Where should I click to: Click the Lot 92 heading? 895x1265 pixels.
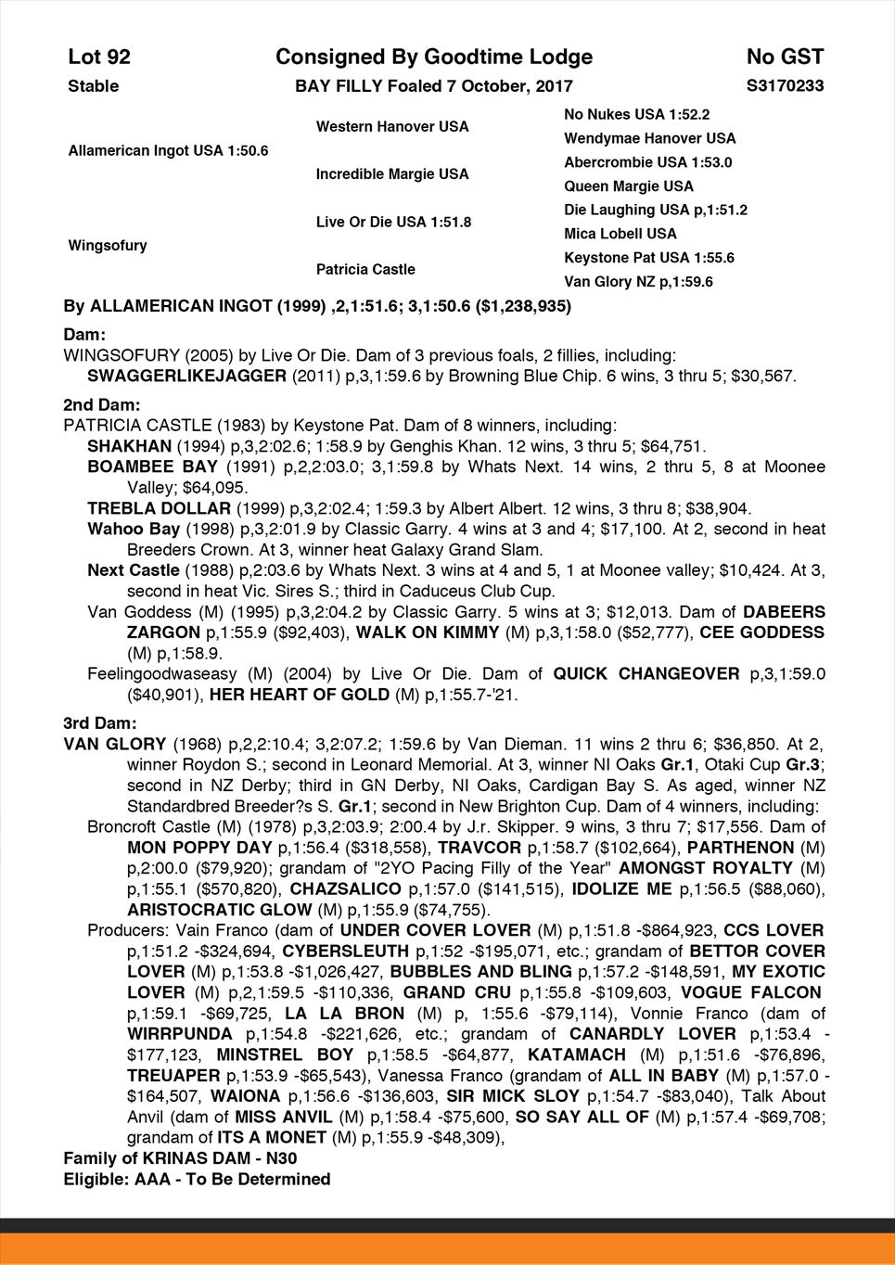click(99, 57)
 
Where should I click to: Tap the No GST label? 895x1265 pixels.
click(785, 57)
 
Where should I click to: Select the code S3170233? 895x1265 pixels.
click(785, 86)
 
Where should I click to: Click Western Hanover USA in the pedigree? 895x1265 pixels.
click(392, 126)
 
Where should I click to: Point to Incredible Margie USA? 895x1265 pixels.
click(392, 174)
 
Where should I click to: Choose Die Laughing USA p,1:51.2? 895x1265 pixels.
click(656, 210)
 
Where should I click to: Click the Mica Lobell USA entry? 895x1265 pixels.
click(620, 234)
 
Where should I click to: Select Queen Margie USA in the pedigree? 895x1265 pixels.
click(629, 186)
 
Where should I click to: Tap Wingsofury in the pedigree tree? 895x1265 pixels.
click(108, 246)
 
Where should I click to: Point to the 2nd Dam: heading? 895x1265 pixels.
click(102, 405)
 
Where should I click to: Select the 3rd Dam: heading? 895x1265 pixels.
click(100, 722)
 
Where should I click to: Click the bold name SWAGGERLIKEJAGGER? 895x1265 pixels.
click(186, 377)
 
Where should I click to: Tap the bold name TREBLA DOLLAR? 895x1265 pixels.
click(159, 508)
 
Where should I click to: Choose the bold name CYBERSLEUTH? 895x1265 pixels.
click(346, 951)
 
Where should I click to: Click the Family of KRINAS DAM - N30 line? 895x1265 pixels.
click(181, 1158)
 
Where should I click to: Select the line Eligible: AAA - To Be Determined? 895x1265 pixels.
click(197, 1180)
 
